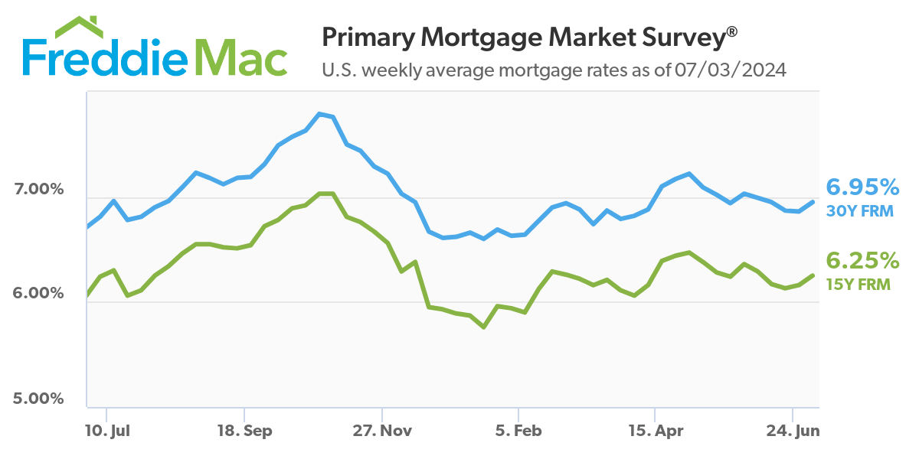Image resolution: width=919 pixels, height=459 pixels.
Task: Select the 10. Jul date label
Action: pos(107,431)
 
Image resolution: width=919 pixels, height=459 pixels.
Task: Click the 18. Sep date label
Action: pos(244,431)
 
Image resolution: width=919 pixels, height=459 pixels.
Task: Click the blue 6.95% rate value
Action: pos(862,187)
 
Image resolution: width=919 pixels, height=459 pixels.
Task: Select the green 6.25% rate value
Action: pos(862,261)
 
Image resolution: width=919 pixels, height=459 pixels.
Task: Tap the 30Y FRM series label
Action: pos(860,210)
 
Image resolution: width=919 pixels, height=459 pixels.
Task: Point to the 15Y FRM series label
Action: pos(858,284)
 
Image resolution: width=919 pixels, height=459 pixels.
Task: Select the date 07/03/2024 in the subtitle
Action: pos(731,70)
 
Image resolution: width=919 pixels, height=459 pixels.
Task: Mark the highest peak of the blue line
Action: pos(319,114)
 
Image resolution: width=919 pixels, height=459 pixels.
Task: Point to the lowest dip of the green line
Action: pos(484,327)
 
